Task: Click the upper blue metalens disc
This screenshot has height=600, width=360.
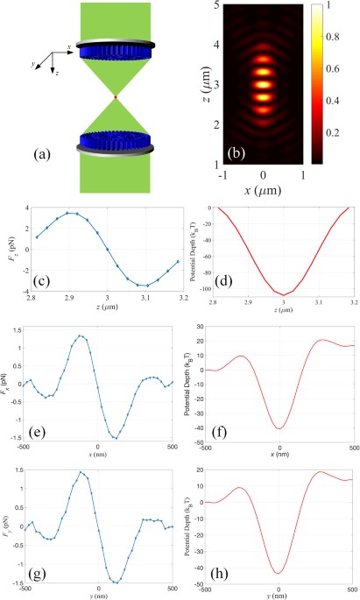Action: [115, 56]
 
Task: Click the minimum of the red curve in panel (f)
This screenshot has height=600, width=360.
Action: [279, 428]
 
